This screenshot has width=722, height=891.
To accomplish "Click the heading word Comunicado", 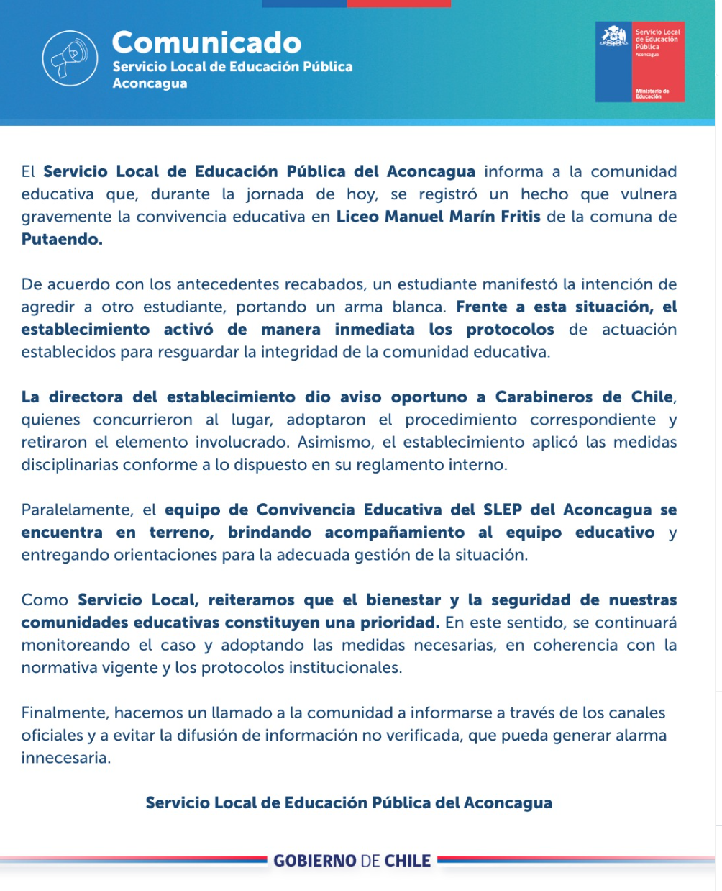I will coord(206,42).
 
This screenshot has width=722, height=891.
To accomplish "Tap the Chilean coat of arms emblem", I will coord(614,37).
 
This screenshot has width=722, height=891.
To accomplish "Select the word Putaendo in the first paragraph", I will coord(60,240).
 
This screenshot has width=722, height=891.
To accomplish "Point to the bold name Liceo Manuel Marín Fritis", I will coord(438,217).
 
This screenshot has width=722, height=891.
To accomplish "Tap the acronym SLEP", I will coord(501,510).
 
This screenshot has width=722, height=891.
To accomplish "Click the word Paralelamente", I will coord(77,510).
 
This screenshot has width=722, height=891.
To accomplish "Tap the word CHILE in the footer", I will coord(408,861).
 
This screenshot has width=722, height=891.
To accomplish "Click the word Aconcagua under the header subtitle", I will coord(150,83).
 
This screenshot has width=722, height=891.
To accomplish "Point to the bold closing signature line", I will coord(349,803).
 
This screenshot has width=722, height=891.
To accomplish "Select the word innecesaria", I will coord(65,758).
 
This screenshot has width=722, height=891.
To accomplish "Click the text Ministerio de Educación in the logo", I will coord(652,94).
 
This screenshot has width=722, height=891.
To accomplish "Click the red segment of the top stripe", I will coord(398,4).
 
